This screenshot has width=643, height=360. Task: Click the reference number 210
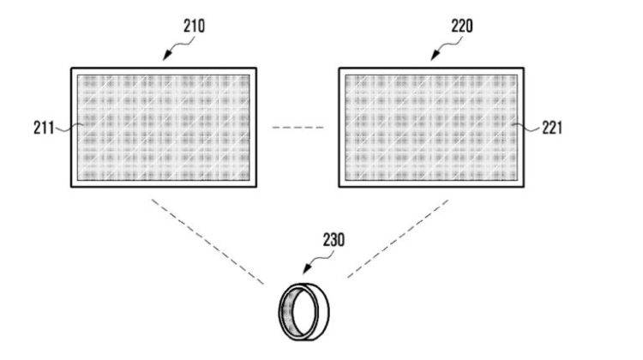[194, 27]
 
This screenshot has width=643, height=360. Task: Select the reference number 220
[462, 27]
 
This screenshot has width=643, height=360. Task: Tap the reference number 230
[334, 240]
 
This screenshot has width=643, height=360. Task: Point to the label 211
[44, 128]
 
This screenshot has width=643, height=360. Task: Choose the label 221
[552, 128]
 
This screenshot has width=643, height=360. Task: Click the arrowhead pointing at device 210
[167, 56]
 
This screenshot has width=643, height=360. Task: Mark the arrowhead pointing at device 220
[435, 56]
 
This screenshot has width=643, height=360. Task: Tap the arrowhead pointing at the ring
[307, 269]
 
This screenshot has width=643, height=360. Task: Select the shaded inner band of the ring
[286, 312]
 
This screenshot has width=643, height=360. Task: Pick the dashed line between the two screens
[297, 128]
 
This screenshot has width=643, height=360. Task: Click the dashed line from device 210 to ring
[208, 242]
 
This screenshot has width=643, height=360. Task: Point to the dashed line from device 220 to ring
[398, 238]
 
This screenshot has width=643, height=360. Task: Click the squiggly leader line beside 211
[69, 129]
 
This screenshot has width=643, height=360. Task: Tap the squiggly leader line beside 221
[526, 128]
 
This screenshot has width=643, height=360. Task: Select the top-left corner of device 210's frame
[71, 69]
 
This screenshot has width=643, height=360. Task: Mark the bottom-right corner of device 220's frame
[524, 187]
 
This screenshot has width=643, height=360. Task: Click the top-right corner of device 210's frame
[256, 69]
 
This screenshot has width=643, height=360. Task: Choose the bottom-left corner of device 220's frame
[340, 187]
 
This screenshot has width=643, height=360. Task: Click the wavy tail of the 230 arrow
[323, 258]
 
